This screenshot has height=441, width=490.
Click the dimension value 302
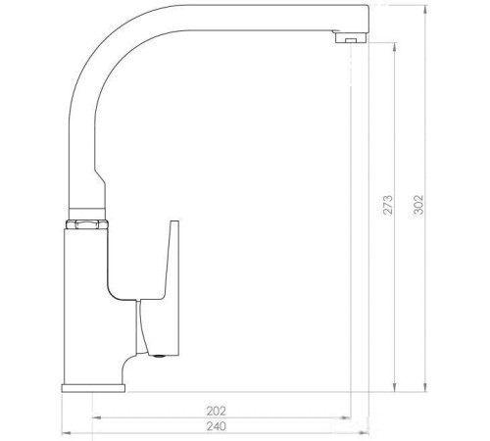[x=420, y=200]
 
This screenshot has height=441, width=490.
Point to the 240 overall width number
[x=217, y=426]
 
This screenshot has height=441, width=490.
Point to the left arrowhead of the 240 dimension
[x=65, y=433]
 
